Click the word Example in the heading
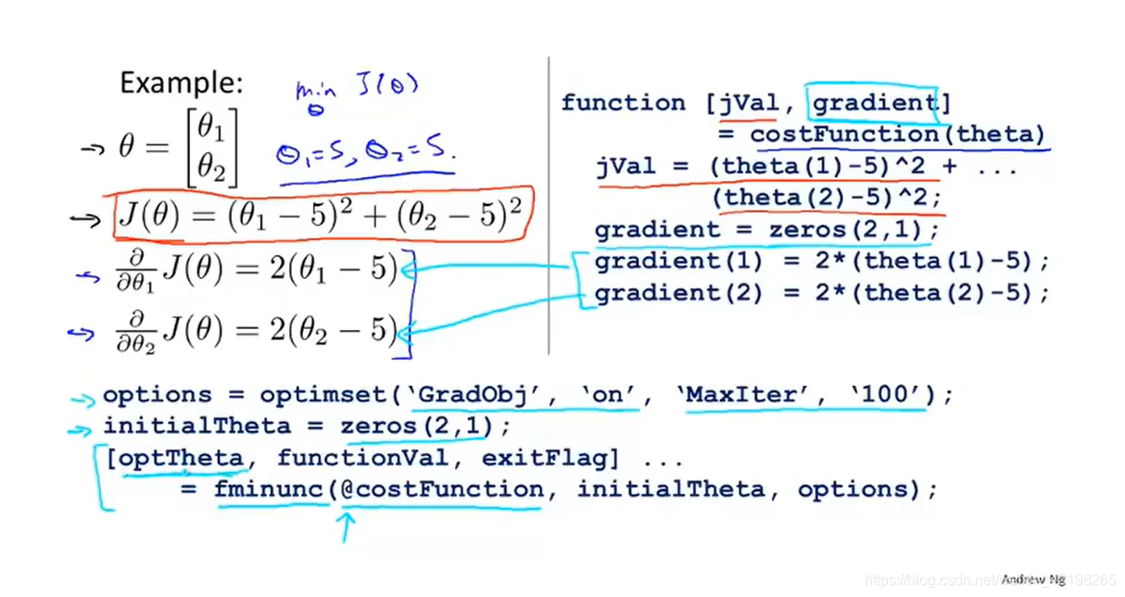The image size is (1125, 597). [x=181, y=83]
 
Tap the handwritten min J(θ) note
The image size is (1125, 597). [x=357, y=90]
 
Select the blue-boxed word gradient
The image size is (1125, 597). [x=874, y=103]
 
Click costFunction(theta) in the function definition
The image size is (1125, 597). [x=897, y=134]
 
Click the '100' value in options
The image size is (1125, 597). [x=888, y=395]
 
